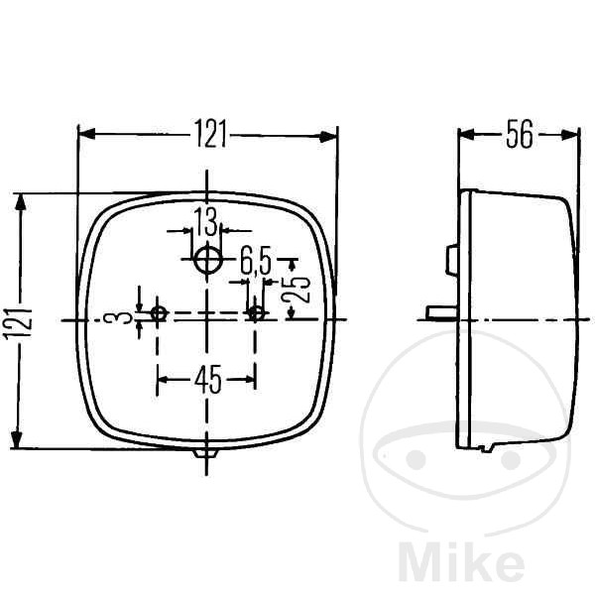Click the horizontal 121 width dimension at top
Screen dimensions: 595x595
tap(211, 134)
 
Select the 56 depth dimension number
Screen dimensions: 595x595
tap(520, 134)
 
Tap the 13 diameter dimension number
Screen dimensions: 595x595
tap(205, 222)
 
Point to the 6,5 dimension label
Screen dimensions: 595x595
tap(256, 260)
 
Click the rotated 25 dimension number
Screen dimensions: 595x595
tap(297, 289)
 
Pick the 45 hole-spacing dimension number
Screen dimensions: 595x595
tap(207, 379)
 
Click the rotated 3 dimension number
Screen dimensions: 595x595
tap(123, 317)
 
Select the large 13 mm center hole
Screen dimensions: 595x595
tap(207, 260)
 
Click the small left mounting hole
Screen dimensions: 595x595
tap(159, 313)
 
